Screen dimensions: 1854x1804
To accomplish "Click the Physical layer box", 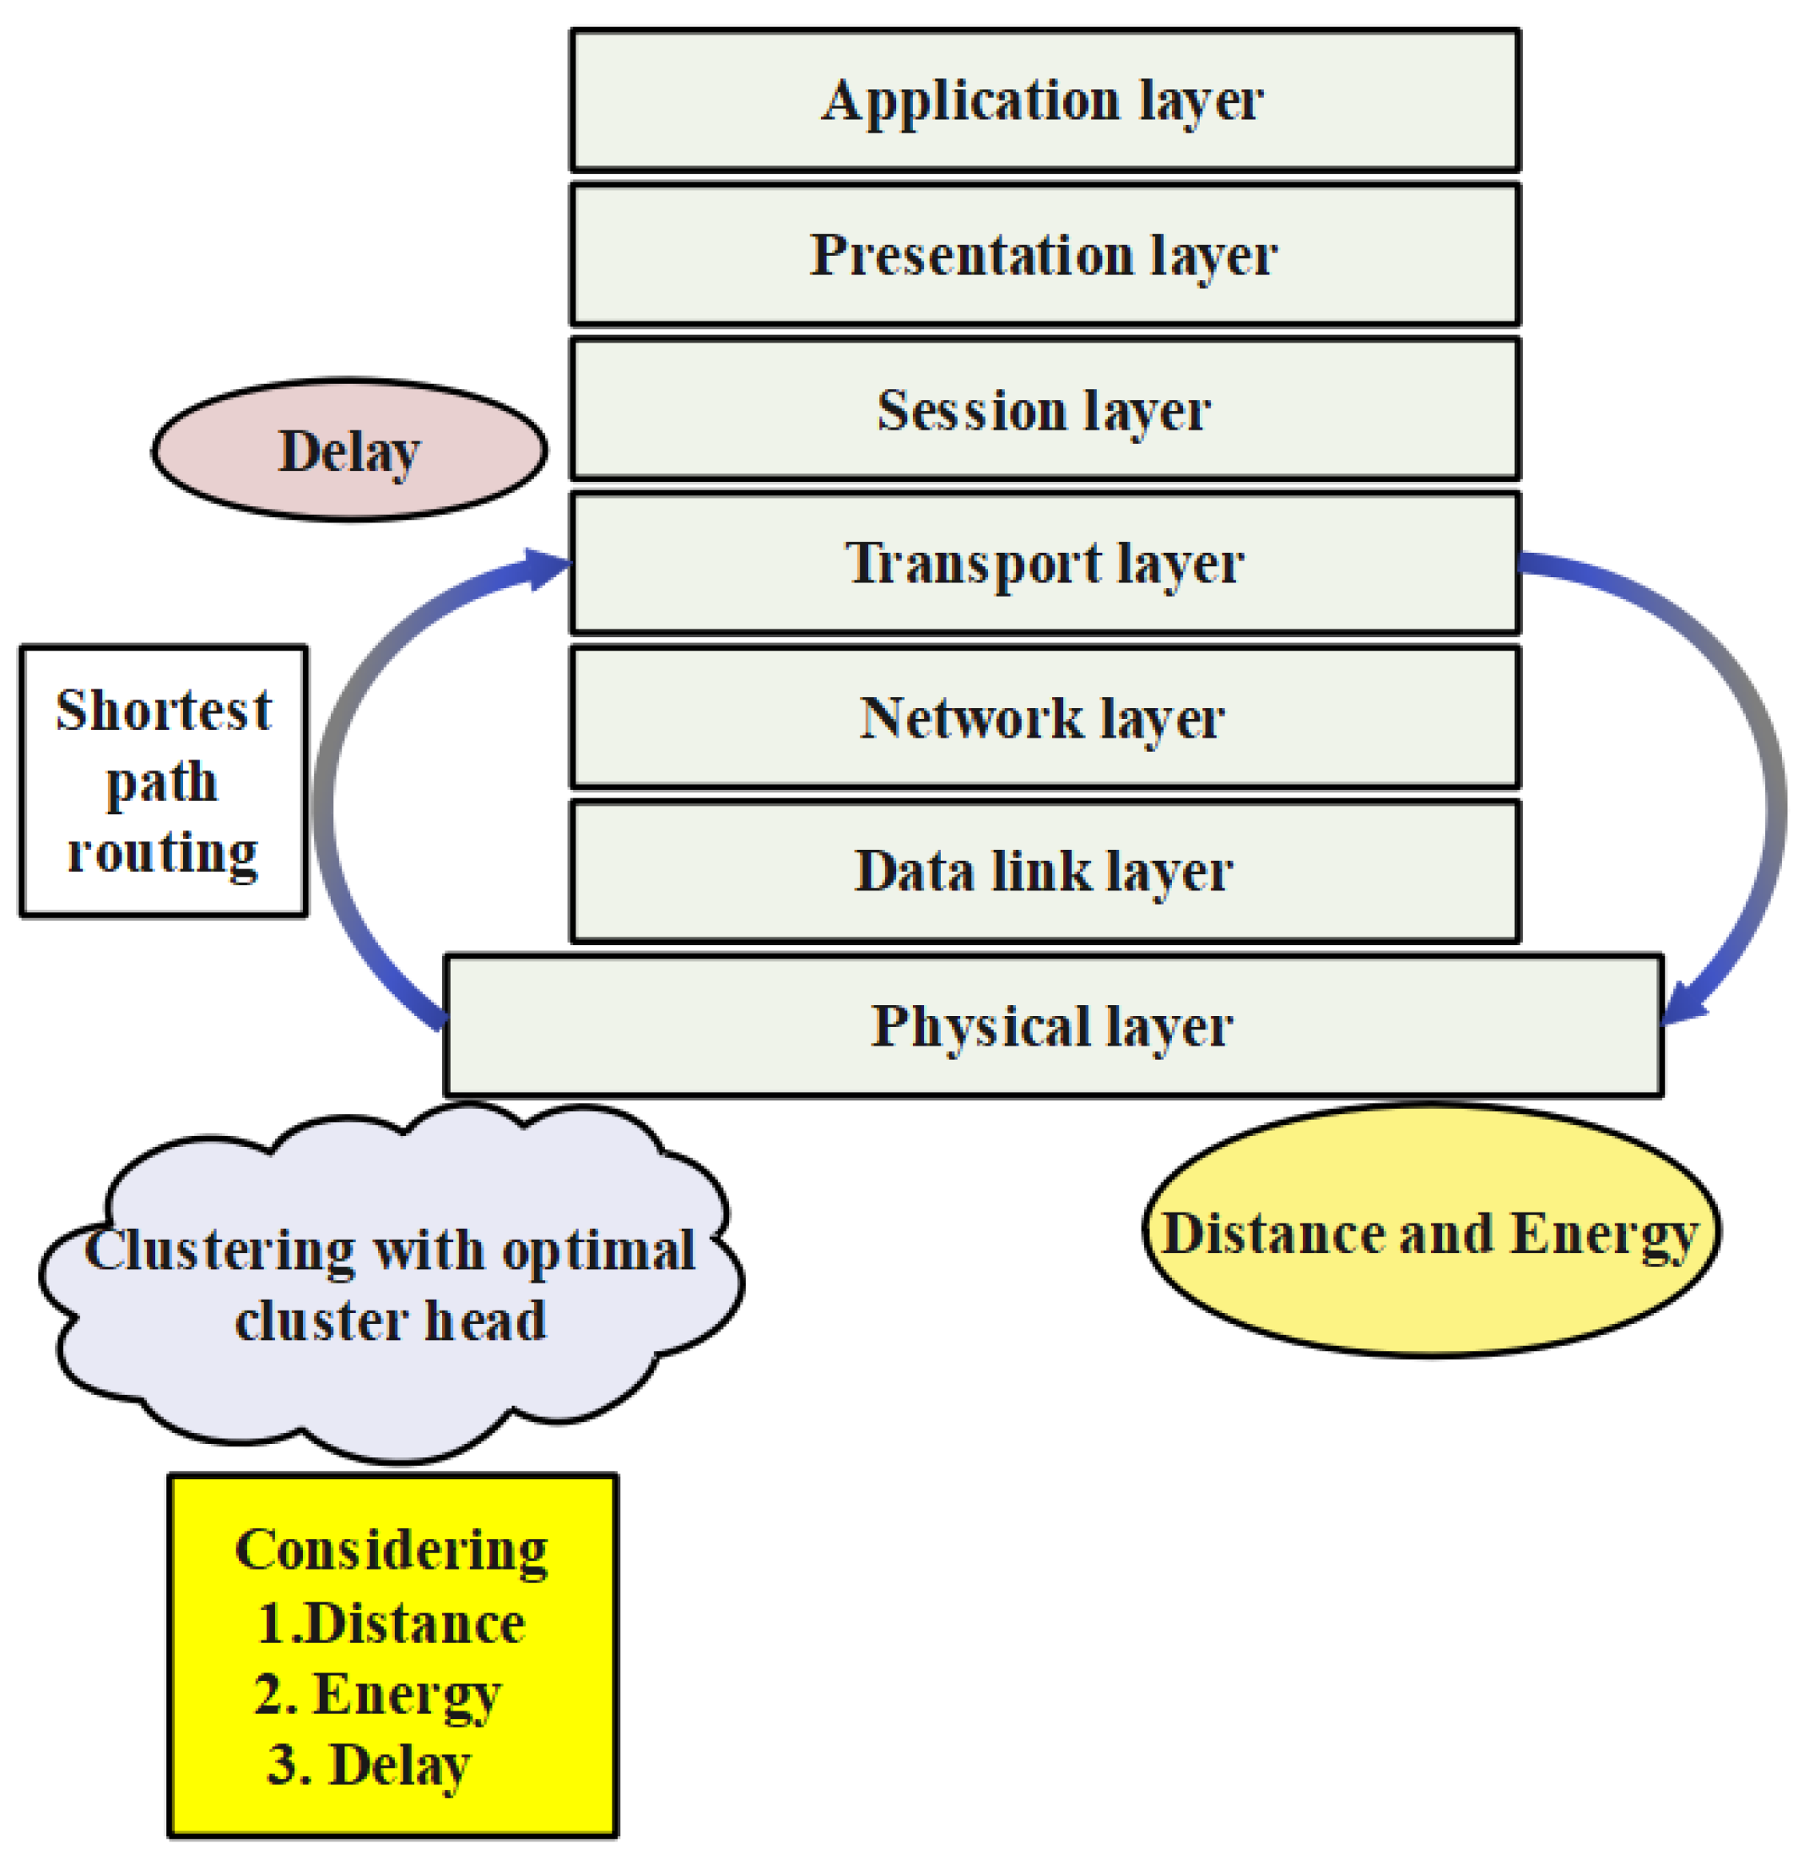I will tap(1051, 1026).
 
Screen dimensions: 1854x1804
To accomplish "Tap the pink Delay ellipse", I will tap(349, 451).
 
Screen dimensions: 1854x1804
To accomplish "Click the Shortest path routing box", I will tap(164, 781).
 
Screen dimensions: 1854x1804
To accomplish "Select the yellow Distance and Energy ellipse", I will tap(1431, 1231).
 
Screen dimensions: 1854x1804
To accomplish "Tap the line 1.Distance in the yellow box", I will tap(392, 1624).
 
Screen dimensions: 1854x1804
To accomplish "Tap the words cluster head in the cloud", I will tap(392, 1321).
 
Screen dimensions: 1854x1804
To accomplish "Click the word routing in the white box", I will tap(163, 852).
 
